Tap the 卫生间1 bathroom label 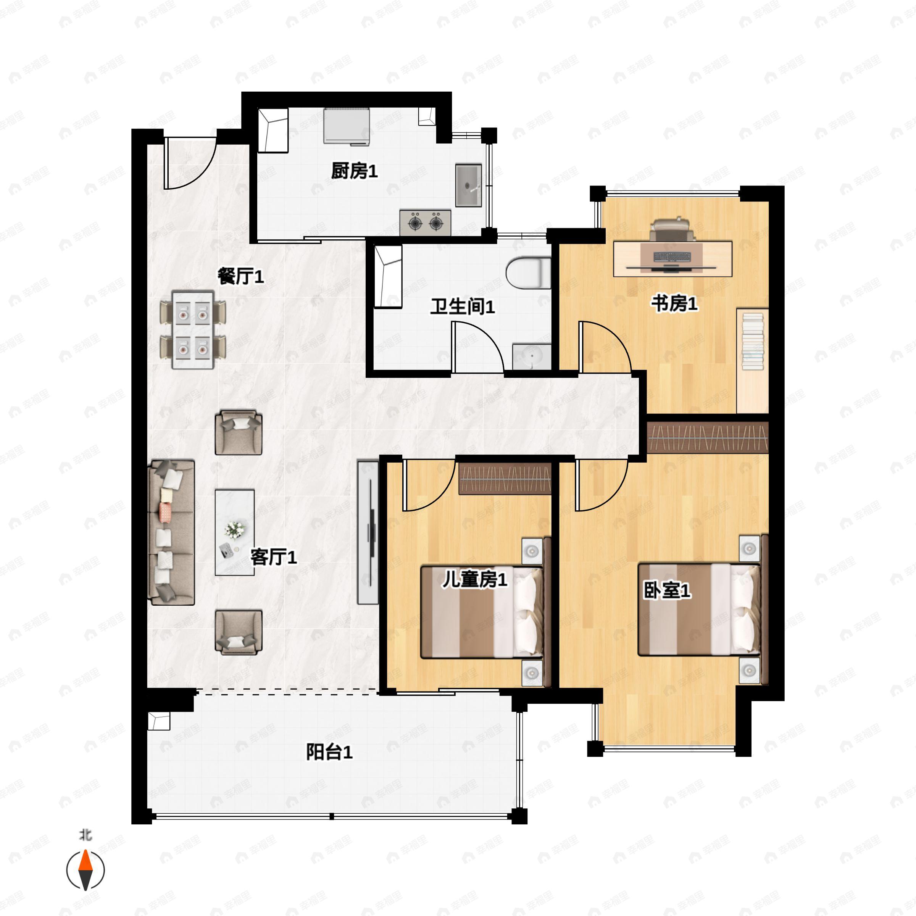pyautogui.click(x=462, y=307)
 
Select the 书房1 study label pyautogui.click(x=674, y=304)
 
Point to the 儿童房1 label pyautogui.click(x=474, y=579)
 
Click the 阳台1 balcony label pyautogui.click(x=329, y=752)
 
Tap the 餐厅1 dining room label pyautogui.click(x=240, y=276)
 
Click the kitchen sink pyautogui.click(x=468, y=185)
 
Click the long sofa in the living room pyautogui.click(x=172, y=532)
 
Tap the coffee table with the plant pyautogui.click(x=234, y=532)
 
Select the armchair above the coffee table pyautogui.click(x=239, y=432)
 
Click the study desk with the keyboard pyautogui.click(x=672, y=258)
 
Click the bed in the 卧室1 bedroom pyautogui.click(x=698, y=609)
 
